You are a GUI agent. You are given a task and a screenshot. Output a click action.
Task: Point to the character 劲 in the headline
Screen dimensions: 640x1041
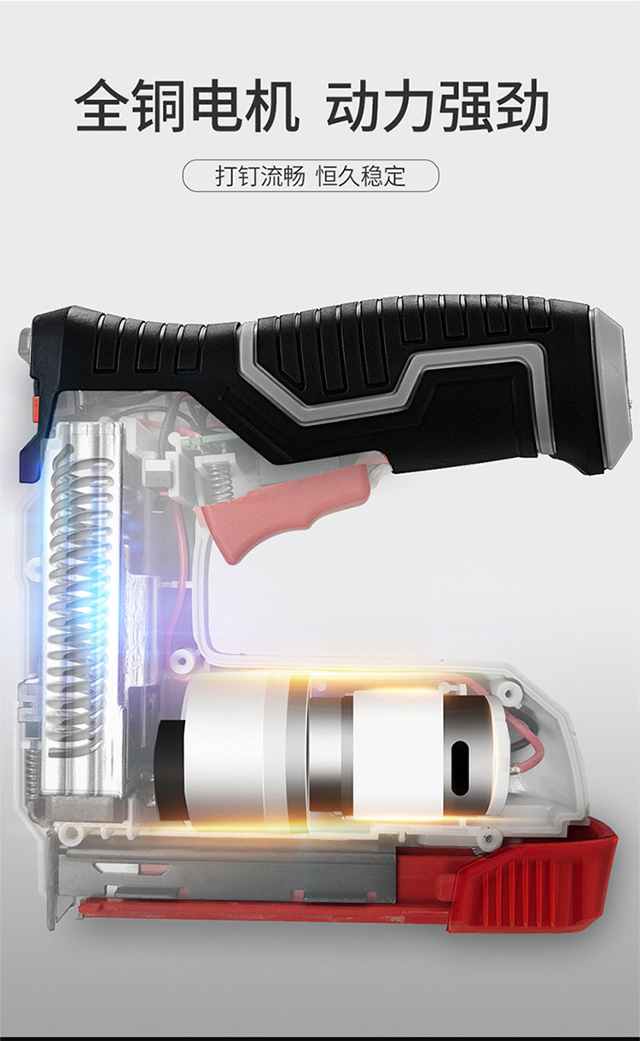click(x=521, y=105)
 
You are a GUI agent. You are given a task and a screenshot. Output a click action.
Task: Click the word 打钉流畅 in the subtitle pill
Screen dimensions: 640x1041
click(x=260, y=176)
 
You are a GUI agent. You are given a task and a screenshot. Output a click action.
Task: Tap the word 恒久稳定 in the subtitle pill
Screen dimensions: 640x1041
click(x=361, y=176)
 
